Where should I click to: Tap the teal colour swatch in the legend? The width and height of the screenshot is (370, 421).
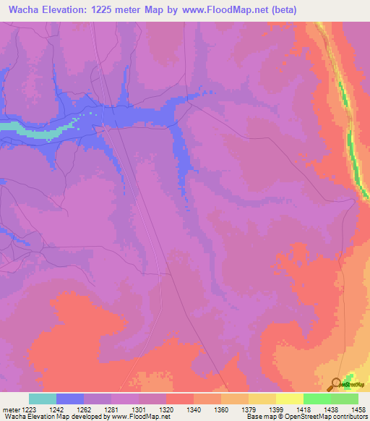pos(43,398)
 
